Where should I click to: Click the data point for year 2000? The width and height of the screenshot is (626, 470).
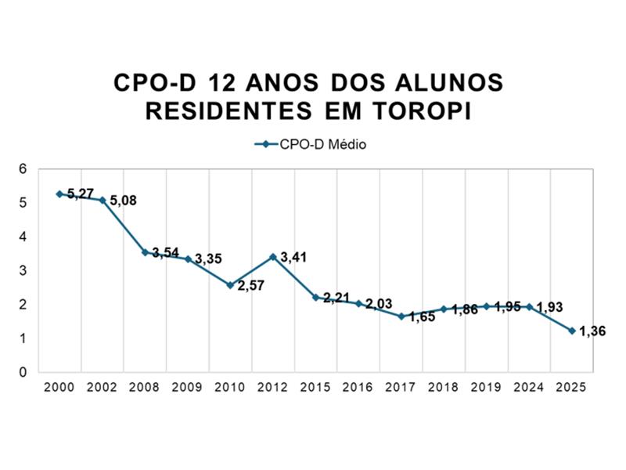[x=59, y=193]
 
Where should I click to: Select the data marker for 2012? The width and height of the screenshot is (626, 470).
[x=273, y=257]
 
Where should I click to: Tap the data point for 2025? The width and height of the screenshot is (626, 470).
[x=572, y=331]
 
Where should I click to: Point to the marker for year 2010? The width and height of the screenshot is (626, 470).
[x=230, y=285]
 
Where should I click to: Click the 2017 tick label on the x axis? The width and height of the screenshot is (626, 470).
[x=401, y=387]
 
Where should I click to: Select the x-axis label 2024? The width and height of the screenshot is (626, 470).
[x=529, y=387]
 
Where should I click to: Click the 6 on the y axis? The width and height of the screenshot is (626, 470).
[x=23, y=169]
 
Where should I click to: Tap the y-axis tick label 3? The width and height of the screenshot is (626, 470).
[x=23, y=270]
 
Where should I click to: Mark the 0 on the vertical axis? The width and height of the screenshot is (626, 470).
[x=23, y=372]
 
